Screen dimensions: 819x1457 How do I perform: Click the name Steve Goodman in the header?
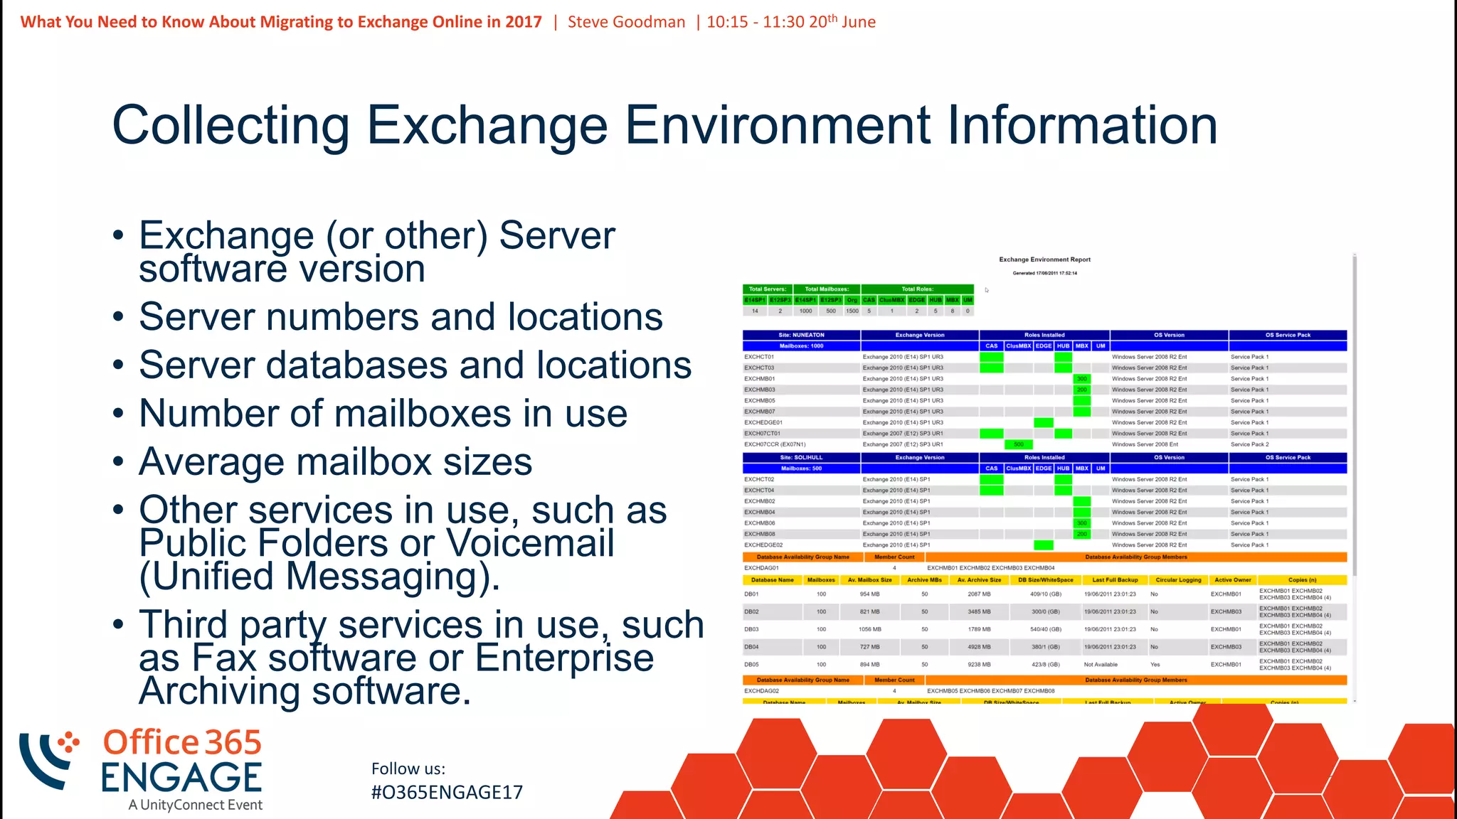click(x=626, y=22)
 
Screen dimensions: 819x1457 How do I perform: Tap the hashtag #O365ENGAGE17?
click(x=447, y=792)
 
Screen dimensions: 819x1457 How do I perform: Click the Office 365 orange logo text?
click(x=182, y=742)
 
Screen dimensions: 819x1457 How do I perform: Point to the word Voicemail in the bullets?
click(x=529, y=543)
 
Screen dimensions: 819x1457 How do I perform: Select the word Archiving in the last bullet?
click(x=220, y=691)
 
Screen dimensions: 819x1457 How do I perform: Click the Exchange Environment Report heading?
click(x=1044, y=259)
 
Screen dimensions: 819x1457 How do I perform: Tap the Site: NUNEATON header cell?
click(x=801, y=335)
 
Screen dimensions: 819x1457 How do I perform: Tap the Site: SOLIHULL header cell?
click(x=801, y=458)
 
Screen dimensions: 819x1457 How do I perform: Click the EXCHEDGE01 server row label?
click(x=763, y=422)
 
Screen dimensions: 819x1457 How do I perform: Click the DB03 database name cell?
click(x=751, y=629)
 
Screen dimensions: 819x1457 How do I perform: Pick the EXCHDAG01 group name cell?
click(x=761, y=568)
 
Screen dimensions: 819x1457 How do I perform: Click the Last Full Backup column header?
click(x=1115, y=580)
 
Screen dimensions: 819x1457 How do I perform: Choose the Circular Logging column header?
click(x=1178, y=580)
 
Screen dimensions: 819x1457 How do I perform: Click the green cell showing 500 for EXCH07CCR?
click(x=1018, y=444)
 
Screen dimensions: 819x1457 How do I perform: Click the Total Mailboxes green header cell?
click(x=827, y=289)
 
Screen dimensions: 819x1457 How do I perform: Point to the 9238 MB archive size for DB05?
click(x=979, y=665)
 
